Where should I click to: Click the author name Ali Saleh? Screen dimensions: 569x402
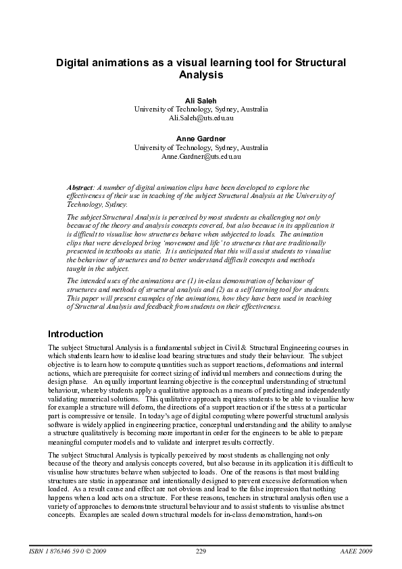(x=201, y=100)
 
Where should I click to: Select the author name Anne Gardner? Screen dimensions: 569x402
(x=201, y=139)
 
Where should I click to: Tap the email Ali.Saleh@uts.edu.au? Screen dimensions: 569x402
(x=201, y=118)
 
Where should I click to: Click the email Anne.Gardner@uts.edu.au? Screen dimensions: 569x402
(x=201, y=156)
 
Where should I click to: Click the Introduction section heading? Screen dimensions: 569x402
(x=76, y=334)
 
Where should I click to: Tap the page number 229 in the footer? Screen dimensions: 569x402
(x=201, y=552)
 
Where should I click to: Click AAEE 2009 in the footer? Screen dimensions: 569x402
(x=356, y=552)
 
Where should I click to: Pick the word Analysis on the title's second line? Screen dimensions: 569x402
(x=201, y=75)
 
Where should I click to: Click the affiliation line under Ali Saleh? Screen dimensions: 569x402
(x=201, y=109)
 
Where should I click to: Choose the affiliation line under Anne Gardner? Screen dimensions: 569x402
(x=201, y=147)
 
